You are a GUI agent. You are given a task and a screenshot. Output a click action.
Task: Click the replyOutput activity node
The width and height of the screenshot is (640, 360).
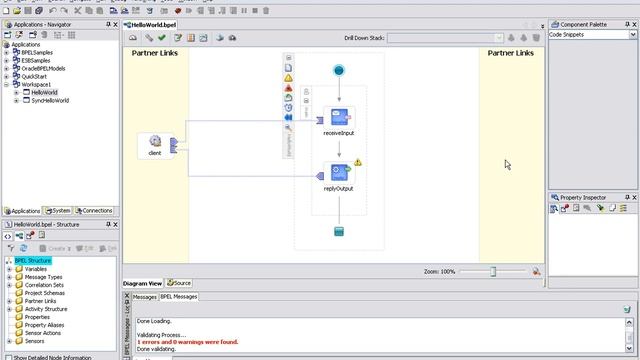pyautogui.click(x=339, y=173)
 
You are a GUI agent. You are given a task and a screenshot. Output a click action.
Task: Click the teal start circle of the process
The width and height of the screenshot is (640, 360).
pyautogui.click(x=339, y=70)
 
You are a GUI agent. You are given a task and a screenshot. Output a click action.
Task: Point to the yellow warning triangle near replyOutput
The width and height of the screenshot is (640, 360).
pyautogui.click(x=358, y=162)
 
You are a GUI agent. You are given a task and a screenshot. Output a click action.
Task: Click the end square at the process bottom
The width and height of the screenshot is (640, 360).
pyautogui.click(x=339, y=232)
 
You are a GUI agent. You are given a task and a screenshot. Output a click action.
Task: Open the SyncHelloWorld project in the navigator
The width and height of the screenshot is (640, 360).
pyautogui.click(x=50, y=100)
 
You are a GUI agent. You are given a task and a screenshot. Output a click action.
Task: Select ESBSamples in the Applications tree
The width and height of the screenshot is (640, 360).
pyautogui.click(x=35, y=60)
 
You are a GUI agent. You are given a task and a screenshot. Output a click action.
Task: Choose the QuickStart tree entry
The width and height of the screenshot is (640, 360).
pyautogui.click(x=34, y=76)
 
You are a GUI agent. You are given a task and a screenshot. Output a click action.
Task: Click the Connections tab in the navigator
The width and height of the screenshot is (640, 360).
pyautogui.click(x=96, y=211)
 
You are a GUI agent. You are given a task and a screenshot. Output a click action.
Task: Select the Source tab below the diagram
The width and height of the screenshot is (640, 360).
pyautogui.click(x=181, y=283)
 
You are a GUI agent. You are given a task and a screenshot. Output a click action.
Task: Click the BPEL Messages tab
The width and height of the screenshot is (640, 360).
pyautogui.click(x=180, y=296)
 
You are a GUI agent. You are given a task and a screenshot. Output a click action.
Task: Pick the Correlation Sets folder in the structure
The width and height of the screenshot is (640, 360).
pyautogui.click(x=44, y=285)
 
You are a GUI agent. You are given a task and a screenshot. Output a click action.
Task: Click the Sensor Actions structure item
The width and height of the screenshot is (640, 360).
pyautogui.click(x=43, y=333)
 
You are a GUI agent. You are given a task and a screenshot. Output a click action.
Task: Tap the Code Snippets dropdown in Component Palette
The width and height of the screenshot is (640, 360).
pyautogui.click(x=591, y=34)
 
